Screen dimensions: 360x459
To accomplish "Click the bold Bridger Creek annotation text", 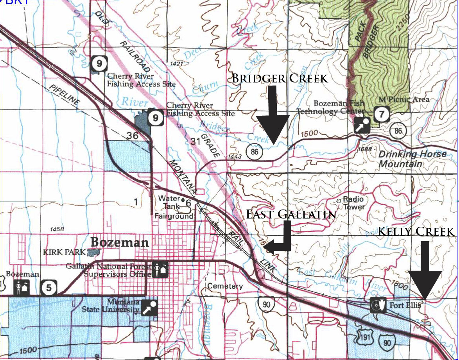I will coord(280,78).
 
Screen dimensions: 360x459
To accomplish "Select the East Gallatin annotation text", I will coord(291,214).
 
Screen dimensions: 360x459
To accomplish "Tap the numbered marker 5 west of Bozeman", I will coord(48,288).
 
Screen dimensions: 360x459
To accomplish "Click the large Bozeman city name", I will coord(120,242).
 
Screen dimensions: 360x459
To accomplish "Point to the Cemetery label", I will coord(225,286).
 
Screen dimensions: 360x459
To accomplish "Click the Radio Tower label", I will coord(353,203).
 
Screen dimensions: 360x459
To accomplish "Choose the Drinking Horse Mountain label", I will coord(412,158).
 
